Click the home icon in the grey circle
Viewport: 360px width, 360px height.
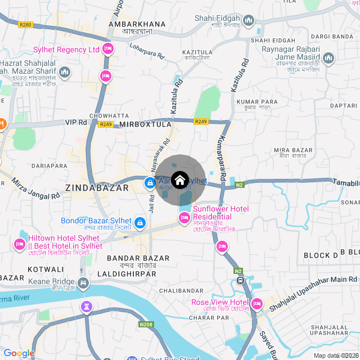click(x=179, y=180)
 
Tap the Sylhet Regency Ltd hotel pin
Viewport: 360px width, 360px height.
click(x=109, y=49)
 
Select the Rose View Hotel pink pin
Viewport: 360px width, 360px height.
click(x=256, y=304)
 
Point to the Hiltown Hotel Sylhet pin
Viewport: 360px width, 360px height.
click(x=19, y=244)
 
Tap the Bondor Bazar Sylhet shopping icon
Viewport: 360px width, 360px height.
click(x=140, y=223)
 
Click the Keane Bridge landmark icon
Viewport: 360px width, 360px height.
click(x=83, y=282)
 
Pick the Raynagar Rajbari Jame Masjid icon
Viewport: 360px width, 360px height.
click(x=328, y=58)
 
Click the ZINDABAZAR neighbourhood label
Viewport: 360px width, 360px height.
click(x=97, y=188)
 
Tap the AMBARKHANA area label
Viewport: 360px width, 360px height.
click(x=138, y=24)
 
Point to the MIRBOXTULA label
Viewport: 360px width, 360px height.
click(x=145, y=124)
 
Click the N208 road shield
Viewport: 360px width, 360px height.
click(x=146, y=325)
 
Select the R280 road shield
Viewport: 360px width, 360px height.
click(x=25, y=25)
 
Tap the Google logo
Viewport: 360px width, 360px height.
click(x=19, y=353)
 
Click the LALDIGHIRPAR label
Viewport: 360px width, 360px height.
click(x=126, y=273)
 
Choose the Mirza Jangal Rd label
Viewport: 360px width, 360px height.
click(x=35, y=188)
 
